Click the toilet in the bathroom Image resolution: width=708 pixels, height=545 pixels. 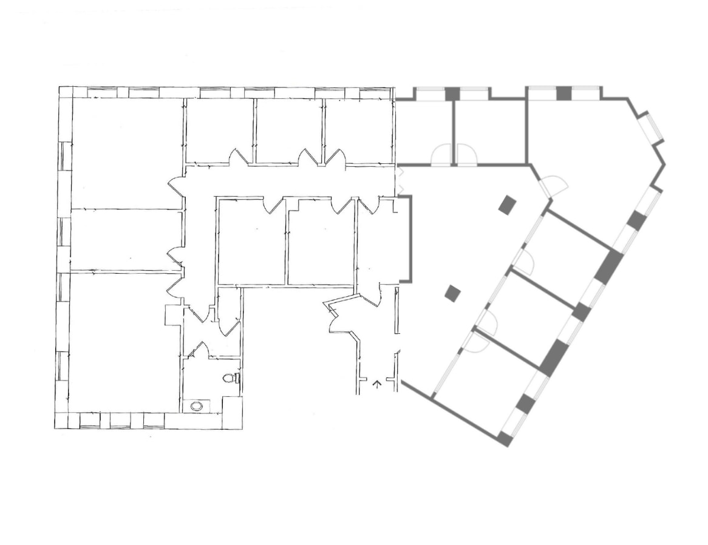point(230,378)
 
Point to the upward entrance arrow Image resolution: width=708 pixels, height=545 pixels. point(376,383)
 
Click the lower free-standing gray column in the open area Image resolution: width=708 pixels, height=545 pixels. point(452,294)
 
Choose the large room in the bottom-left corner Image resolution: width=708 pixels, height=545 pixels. point(124,343)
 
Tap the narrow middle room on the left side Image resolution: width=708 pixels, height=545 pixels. point(126,240)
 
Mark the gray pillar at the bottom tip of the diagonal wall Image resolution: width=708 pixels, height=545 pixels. point(504,439)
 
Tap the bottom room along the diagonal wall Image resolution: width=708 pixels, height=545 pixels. point(486,382)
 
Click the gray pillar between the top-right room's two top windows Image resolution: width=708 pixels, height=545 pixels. point(565,93)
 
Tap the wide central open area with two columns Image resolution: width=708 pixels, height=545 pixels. point(461,255)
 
